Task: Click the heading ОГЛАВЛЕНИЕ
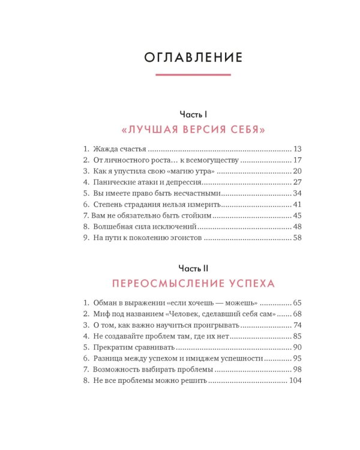point(193,58)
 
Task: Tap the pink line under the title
point(193,74)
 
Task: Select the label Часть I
point(193,114)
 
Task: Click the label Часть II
point(193,268)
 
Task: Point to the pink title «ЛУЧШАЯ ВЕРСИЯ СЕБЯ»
point(193,129)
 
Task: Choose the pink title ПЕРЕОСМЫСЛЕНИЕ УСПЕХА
point(193,283)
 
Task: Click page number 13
point(298,149)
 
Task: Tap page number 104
point(295,381)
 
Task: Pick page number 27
point(298,182)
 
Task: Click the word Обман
point(106,302)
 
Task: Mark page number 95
point(298,359)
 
